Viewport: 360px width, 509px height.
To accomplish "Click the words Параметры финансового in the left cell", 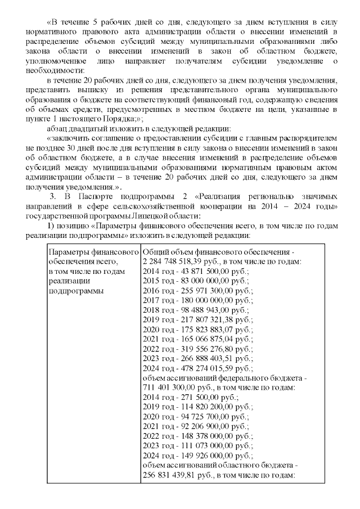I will [93, 252].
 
